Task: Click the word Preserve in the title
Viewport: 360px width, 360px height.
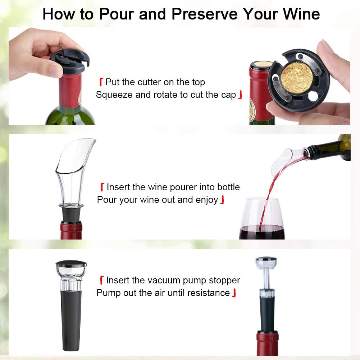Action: point(204,14)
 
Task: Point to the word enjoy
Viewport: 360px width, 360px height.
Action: point(207,200)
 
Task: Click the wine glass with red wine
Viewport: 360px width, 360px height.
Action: point(262,219)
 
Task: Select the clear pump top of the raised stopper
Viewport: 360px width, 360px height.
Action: point(266,263)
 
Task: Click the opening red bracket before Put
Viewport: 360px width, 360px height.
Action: point(101,82)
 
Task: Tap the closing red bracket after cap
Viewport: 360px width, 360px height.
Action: point(240,95)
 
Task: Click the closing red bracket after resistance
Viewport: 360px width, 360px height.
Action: point(234,293)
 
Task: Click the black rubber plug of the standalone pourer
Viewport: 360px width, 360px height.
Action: point(71,214)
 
